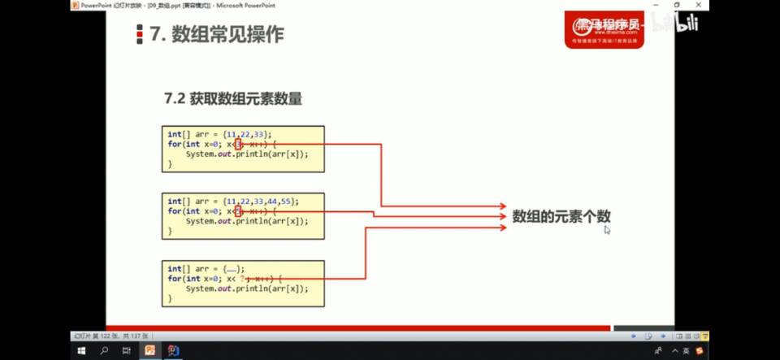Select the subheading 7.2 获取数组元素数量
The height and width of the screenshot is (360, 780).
point(233,99)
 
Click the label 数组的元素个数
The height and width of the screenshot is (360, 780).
point(561,216)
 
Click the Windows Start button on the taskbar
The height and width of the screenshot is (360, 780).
point(81,350)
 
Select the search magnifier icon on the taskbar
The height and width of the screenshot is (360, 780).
point(104,350)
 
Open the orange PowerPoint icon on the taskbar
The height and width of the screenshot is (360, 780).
point(150,350)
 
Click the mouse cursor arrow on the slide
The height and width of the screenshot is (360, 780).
point(607,230)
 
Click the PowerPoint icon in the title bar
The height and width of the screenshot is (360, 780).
point(74,5)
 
